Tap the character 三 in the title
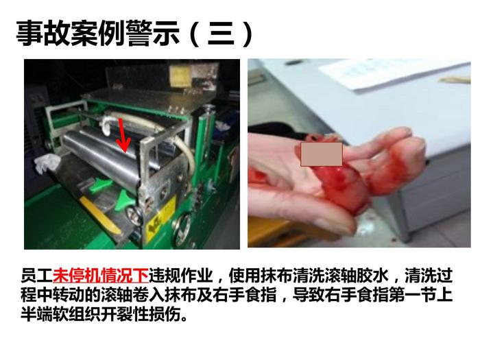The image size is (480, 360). (x=221, y=34)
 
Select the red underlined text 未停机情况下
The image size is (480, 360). (x=101, y=276)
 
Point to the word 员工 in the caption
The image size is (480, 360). (x=37, y=276)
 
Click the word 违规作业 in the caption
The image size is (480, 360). (x=180, y=276)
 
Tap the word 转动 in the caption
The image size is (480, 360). (x=69, y=294)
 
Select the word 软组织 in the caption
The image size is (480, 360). (x=77, y=314)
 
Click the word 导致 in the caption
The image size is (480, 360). (x=309, y=294)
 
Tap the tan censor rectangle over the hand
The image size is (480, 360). (x=322, y=154)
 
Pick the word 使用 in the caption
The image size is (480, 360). (x=244, y=276)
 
